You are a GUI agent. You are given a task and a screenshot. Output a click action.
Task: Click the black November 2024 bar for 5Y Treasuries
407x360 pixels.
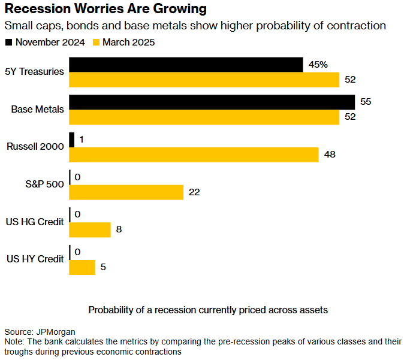point(186,65)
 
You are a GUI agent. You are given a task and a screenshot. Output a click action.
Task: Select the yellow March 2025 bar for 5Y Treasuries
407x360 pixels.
point(204,80)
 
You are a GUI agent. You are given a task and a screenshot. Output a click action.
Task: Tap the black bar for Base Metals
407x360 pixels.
point(212,102)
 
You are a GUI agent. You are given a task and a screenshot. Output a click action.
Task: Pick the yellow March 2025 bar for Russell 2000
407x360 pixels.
point(194,155)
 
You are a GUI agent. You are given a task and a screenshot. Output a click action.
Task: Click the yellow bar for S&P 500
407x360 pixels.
point(126,192)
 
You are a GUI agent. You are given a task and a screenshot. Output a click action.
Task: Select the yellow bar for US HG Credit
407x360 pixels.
point(91,229)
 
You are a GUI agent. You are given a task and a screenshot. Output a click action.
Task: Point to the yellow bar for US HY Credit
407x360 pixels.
point(83,267)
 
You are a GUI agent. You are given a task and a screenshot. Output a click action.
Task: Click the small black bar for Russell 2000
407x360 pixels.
point(72,140)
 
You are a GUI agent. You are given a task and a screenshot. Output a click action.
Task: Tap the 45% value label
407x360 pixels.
point(317,65)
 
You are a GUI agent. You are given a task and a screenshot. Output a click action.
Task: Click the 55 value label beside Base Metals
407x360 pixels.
point(366,102)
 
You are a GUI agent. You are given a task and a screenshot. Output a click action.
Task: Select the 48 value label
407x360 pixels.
point(329,155)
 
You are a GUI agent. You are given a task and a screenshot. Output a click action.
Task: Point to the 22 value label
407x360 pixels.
point(194,192)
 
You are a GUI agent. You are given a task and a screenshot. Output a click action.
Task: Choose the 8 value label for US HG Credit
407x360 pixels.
point(119,229)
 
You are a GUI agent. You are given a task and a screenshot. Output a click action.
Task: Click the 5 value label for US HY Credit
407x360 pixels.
point(103,267)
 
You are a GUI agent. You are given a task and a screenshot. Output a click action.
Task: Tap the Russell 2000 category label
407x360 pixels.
point(35,147)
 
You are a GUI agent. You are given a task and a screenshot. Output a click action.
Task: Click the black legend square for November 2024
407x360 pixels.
point(8,43)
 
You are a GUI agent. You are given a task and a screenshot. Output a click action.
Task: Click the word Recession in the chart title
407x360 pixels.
point(40,10)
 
